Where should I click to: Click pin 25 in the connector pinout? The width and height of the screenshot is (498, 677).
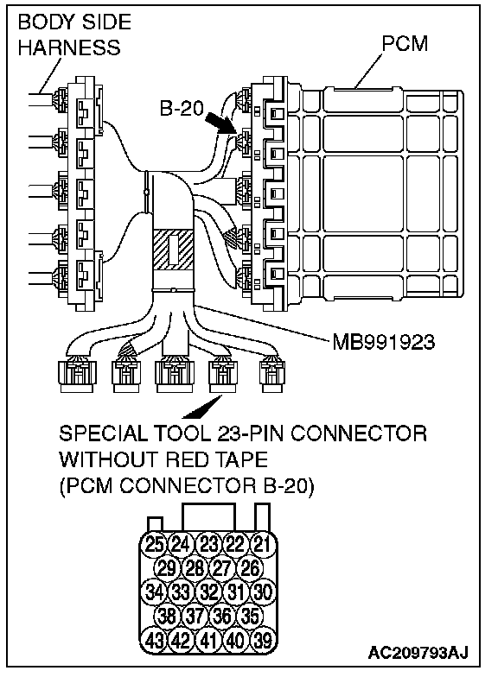coord(154,544)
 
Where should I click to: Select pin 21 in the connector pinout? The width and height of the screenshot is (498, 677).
coord(262,544)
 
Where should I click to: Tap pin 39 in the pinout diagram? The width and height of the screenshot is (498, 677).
coord(262,640)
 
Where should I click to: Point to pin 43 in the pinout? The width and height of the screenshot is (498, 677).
coord(154,640)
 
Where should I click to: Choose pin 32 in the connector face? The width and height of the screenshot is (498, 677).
coord(208,592)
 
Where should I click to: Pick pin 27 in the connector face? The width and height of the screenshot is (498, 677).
coord(221,568)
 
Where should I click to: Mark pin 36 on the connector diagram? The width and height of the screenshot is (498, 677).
coord(221,617)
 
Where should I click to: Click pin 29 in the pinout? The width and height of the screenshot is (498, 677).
coord(166,568)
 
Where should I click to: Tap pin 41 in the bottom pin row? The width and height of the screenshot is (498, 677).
coord(208,640)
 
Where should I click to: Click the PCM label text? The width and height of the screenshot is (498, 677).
coord(405,43)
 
